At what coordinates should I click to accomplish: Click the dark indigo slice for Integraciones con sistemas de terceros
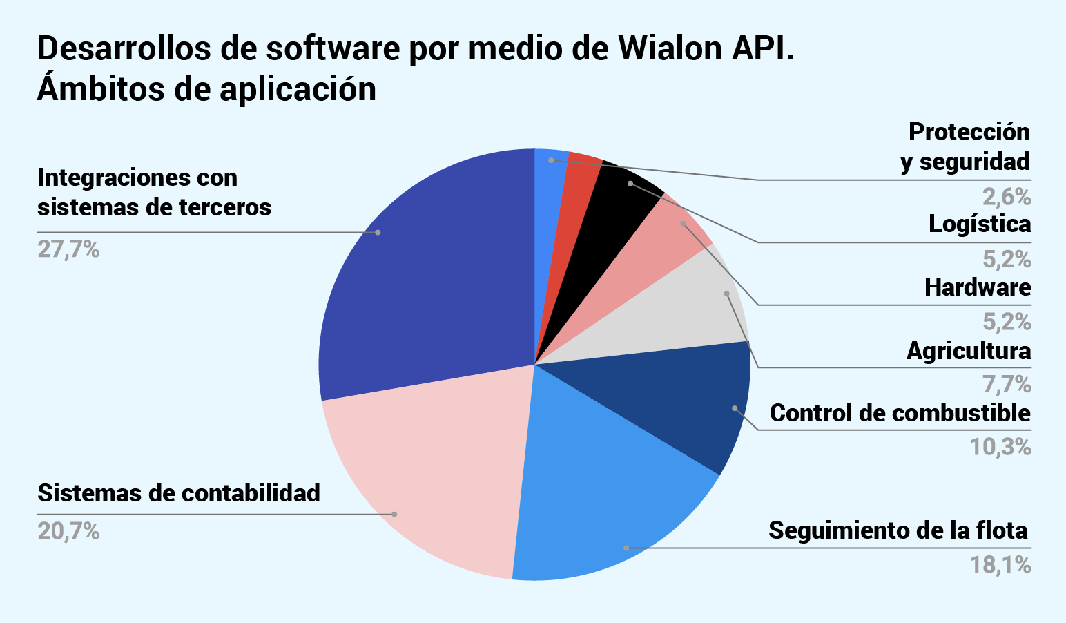pyautogui.click(x=428, y=276)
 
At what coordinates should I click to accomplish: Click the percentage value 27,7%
pyautogui.click(x=68, y=249)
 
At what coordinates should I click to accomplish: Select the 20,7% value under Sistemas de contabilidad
pyautogui.click(x=68, y=531)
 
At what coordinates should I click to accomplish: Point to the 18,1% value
pyautogui.click(x=1000, y=566)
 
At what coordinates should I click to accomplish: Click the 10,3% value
pyautogui.click(x=1000, y=447)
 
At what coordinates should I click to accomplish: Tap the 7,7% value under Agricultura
pyautogui.click(x=1007, y=384)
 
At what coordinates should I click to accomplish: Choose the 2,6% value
pyautogui.click(x=1007, y=198)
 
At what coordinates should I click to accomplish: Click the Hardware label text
pyautogui.click(x=978, y=287)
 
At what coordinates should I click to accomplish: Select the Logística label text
pyautogui.click(x=980, y=224)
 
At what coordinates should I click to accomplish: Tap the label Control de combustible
pyautogui.click(x=900, y=413)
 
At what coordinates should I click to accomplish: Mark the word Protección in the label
pyautogui.click(x=969, y=131)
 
